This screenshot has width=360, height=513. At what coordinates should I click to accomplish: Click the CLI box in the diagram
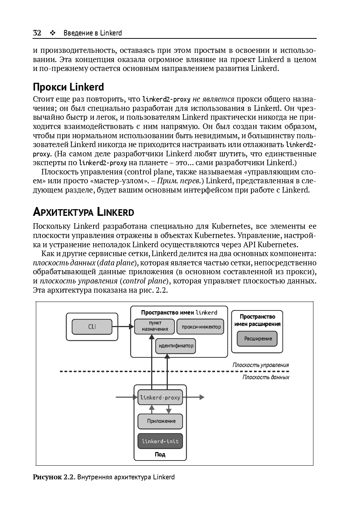coord(92,327)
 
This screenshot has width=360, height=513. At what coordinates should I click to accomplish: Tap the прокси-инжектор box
coord(201,327)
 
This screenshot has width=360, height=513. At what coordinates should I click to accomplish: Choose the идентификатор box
coord(176,346)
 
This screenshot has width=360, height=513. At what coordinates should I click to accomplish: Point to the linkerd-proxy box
coord(160,398)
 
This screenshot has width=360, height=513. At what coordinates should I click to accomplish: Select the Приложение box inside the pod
coord(160,421)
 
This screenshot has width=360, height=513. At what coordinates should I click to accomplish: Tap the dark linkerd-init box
coord(160,441)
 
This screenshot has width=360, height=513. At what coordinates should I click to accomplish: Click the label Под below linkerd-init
coord(160,455)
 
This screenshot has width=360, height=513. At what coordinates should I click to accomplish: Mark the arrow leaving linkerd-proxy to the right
coord(194,398)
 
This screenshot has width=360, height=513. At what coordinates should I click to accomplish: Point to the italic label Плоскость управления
coord(261,365)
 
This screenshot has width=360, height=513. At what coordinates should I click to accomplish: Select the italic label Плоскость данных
coord(266,377)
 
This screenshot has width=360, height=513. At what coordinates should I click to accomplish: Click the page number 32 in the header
coord(37,33)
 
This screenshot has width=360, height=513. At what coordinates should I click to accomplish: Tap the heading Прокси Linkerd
coord(68,87)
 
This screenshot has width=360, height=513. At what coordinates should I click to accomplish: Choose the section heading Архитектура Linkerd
coord(84,213)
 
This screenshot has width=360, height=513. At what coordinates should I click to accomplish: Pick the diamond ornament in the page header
coord(52,33)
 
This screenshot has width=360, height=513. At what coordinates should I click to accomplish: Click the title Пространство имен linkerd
coord(179,313)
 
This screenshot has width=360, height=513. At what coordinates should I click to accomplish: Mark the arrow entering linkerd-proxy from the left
coord(126,398)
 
